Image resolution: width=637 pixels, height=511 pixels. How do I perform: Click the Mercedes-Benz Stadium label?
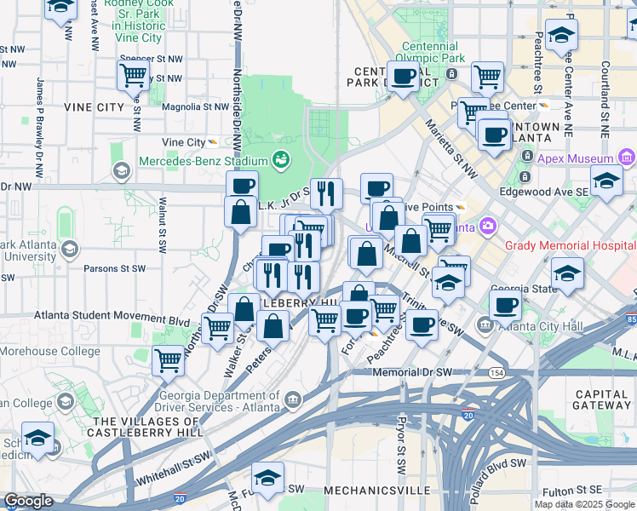click(x=203, y=160)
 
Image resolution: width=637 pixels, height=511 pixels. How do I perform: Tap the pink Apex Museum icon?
click(x=627, y=158)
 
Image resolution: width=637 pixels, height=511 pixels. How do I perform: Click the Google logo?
click(x=28, y=501)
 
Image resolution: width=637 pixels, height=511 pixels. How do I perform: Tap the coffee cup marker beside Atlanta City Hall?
click(x=505, y=305)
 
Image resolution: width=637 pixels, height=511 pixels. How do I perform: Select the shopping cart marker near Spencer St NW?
click(x=133, y=76)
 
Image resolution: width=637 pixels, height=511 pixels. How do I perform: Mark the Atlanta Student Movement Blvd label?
click(x=112, y=316)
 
